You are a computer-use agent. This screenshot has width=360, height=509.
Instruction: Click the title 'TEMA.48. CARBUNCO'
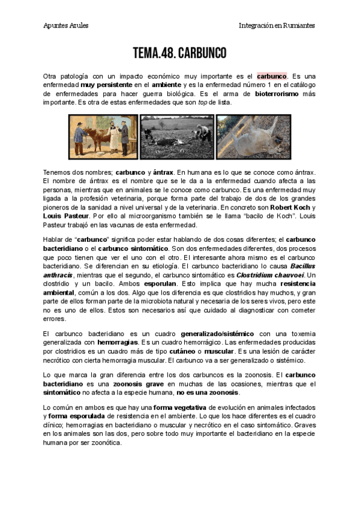(180, 53)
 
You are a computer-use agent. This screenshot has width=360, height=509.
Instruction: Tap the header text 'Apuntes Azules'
(65, 25)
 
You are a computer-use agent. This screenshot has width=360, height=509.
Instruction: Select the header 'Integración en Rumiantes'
(277, 25)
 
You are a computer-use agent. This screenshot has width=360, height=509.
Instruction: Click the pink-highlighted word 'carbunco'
(272, 76)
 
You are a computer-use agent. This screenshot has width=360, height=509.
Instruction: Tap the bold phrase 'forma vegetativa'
(178, 408)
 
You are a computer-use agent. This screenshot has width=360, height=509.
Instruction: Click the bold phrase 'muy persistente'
(108, 85)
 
